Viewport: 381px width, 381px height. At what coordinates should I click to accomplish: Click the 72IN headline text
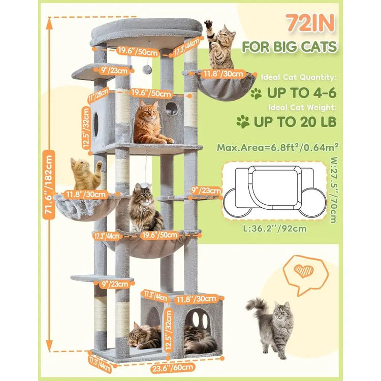310,23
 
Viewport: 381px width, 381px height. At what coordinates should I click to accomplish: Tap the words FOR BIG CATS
290,46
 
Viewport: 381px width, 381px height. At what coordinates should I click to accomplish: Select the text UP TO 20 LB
295,121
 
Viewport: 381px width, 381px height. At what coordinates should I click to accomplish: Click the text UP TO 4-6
302,92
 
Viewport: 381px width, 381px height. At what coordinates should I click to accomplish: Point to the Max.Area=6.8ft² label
278,147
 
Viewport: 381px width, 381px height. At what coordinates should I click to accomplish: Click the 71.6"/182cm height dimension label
49,185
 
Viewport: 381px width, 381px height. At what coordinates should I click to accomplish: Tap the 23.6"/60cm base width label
173,367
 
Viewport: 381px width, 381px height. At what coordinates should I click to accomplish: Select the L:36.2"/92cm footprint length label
275,229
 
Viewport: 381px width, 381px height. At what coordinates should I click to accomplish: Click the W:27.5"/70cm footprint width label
334,190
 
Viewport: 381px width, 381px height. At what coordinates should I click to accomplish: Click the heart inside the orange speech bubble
304,271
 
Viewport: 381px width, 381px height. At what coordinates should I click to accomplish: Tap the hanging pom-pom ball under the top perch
147,70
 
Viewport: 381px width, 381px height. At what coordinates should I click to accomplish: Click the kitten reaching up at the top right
220,45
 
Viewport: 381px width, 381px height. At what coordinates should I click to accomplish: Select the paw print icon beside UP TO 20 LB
243,121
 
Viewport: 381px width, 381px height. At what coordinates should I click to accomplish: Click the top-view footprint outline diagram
274,191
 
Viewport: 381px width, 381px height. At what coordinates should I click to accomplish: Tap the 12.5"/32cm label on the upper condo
86,129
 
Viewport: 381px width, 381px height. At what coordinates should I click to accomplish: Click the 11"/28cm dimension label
98,95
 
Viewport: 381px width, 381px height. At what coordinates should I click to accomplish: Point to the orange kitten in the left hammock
85,174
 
